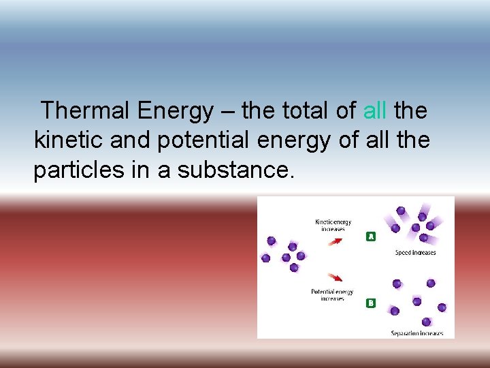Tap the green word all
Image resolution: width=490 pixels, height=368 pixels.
[x=375, y=110]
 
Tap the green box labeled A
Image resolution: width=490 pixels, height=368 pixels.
[x=371, y=236]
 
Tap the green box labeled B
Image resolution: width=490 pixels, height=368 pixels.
[x=371, y=303]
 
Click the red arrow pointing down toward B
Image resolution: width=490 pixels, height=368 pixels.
[x=336, y=277]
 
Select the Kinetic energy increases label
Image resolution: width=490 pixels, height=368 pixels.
[x=333, y=225]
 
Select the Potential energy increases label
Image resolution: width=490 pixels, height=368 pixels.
[x=332, y=295]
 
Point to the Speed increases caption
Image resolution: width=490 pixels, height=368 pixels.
[x=415, y=253]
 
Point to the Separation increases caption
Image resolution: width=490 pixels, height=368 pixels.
[x=416, y=333]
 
